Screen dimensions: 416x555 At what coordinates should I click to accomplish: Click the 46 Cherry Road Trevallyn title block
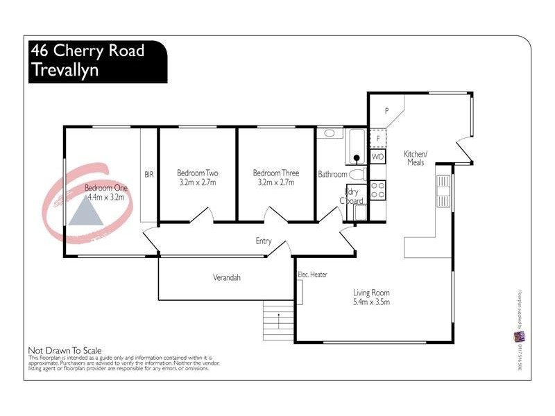point(97,61)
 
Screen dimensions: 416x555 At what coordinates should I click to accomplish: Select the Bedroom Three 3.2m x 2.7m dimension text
point(273,183)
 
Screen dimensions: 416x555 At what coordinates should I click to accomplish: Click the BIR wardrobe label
point(148,175)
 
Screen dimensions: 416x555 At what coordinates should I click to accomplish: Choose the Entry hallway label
point(264,241)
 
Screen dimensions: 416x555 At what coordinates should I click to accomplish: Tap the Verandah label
point(226,278)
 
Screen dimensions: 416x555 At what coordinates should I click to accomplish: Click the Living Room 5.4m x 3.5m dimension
point(372,302)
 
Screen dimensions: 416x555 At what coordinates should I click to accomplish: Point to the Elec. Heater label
point(312,275)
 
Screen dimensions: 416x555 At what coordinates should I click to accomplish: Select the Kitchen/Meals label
point(416,157)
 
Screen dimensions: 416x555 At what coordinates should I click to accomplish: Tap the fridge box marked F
point(377,138)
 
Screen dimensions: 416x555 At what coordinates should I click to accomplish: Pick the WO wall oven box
point(377,157)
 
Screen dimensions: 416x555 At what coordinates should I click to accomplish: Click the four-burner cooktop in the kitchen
point(378,189)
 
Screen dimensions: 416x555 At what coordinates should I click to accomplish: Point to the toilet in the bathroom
point(357,173)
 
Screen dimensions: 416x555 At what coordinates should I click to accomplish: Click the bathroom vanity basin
point(330,132)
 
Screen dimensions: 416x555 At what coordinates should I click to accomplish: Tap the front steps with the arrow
point(279,321)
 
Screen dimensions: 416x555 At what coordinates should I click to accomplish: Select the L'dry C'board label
point(351,197)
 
